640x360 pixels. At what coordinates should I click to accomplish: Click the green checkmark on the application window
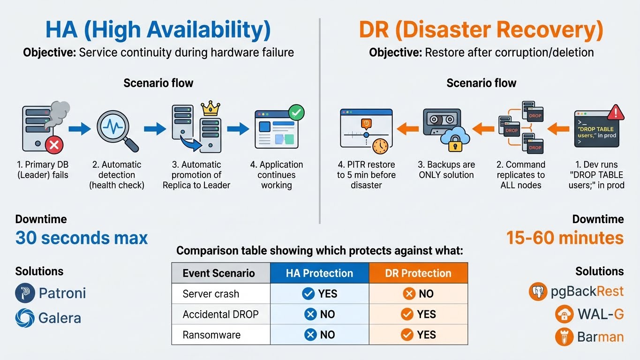point(296,112)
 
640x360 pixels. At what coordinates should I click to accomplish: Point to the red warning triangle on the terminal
point(615,113)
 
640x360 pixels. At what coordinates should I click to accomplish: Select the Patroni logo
point(25,293)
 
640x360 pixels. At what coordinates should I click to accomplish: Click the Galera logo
point(25,318)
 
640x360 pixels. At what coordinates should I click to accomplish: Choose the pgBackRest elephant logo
point(538,292)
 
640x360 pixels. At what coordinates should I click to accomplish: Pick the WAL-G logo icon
point(564,314)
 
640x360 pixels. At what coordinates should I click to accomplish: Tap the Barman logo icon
point(564,337)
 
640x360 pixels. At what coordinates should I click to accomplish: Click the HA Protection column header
point(319,273)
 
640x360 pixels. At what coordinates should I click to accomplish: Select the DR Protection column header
point(418,273)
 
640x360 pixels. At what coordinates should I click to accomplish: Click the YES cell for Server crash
point(319,294)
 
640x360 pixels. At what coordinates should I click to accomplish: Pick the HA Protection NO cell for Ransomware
point(319,335)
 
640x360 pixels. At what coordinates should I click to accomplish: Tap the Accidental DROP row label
point(220,315)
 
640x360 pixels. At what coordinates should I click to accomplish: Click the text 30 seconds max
point(82,238)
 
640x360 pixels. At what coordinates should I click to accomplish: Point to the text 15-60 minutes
point(565,238)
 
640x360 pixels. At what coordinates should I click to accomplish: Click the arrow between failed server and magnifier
point(79,128)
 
